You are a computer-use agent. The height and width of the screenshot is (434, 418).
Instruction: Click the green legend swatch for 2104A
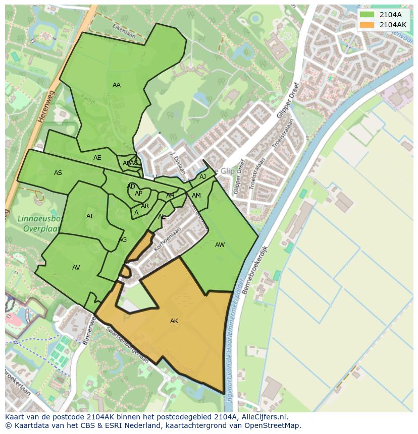click(367, 15)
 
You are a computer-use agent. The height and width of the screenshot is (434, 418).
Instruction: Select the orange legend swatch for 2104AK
click(367, 25)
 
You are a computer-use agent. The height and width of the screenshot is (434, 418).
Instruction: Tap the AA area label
click(117, 85)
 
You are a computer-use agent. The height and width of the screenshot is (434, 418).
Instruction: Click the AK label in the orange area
click(174, 321)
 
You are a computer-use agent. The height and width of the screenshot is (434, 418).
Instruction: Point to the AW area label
click(220, 245)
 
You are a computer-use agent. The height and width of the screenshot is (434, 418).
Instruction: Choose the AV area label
click(76, 268)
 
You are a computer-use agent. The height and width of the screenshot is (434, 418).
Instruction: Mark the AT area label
click(90, 216)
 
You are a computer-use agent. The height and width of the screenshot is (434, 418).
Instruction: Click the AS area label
click(58, 173)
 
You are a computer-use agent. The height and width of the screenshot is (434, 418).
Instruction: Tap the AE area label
click(97, 158)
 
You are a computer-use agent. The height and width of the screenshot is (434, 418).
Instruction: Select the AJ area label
click(202, 177)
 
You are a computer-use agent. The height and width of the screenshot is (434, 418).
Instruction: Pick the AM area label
click(196, 196)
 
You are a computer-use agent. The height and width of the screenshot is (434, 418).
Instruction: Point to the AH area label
click(170, 196)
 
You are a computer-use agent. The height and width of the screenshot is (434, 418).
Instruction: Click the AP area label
click(138, 194)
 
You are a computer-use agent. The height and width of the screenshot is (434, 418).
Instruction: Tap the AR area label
click(145, 206)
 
